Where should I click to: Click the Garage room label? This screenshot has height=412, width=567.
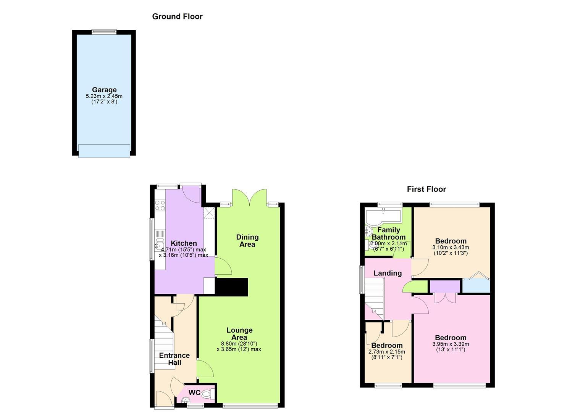[104, 90]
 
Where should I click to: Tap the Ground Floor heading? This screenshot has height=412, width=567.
[177, 17]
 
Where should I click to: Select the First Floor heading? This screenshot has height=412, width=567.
[426, 189]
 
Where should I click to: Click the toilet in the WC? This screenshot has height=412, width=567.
[208, 394]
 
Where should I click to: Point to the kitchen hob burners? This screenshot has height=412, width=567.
[160, 205]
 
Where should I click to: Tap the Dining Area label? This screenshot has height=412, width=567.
[247, 241]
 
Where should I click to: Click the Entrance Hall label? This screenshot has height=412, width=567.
[174, 359]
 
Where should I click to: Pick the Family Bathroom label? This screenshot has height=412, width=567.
[389, 233]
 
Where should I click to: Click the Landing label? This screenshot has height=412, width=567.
[388, 273]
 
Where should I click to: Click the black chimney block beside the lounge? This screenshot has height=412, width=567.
[231, 287]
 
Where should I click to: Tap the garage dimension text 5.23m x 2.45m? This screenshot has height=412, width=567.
[104, 96]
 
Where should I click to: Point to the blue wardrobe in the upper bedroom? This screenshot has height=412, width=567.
[477, 286]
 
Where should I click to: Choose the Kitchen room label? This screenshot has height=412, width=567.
[184, 243]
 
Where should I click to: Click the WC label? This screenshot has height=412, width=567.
[194, 393]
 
